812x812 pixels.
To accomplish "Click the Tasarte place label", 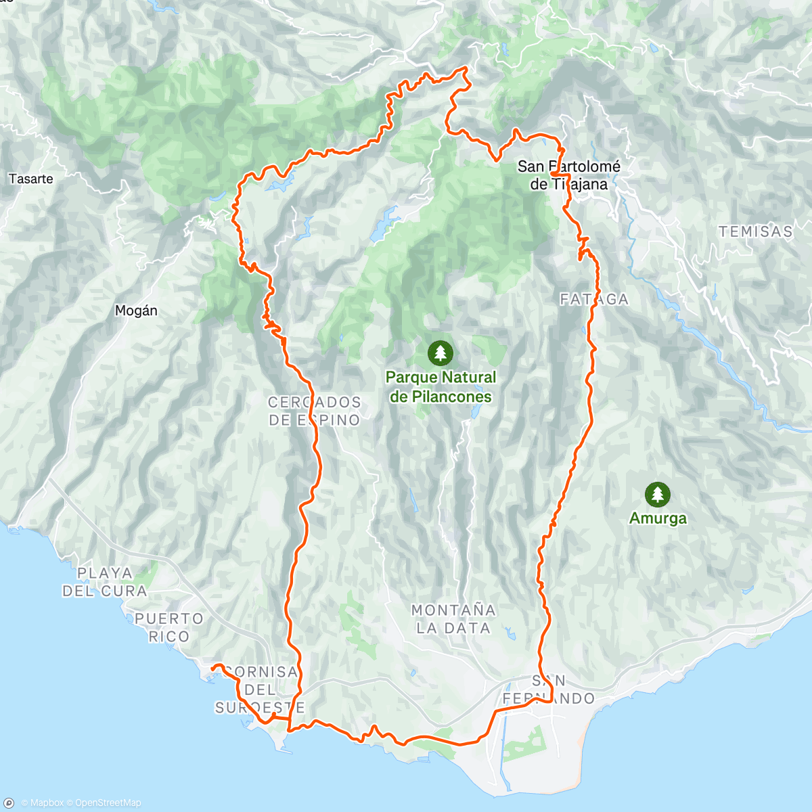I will click(31, 179).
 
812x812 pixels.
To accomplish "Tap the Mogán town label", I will click(136, 311).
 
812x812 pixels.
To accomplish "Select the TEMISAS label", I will click(755, 231).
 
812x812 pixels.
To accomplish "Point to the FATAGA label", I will click(594, 299).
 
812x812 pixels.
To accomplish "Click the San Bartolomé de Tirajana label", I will click(568, 175).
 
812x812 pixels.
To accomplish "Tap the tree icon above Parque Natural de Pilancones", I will click(440, 353).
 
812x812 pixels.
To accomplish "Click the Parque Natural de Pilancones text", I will click(441, 387).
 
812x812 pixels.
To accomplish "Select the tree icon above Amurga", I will click(657, 495).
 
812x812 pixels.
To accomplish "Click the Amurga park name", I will click(658, 518).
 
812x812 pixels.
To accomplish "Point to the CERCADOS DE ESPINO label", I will click(315, 411).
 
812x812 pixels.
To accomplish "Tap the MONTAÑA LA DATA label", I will click(453, 619).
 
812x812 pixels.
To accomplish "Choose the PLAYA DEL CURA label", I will click(105, 582).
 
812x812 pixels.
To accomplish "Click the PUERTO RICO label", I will click(169, 627).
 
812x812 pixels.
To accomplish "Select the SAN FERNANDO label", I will click(549, 690).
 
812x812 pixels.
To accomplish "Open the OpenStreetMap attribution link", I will click(108, 803).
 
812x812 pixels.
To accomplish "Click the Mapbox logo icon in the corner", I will click(9, 803).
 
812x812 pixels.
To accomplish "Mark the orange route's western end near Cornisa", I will click(213, 668).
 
